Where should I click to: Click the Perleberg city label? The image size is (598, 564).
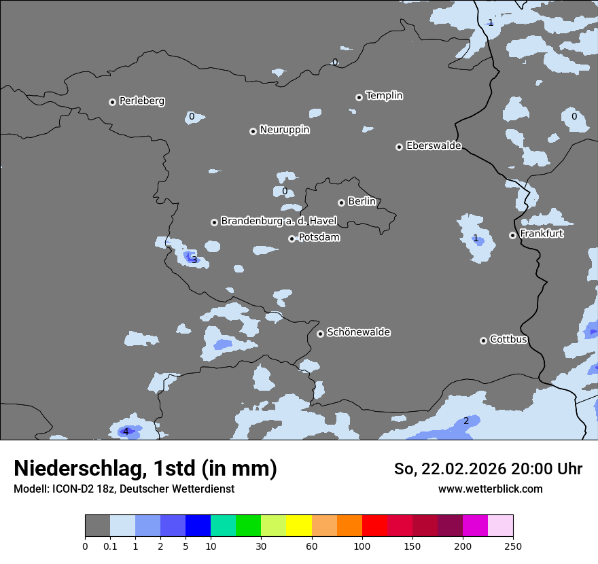coord(141,101)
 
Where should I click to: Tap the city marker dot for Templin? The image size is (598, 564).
coord(359,97)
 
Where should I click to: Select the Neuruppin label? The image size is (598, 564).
coord(284,130)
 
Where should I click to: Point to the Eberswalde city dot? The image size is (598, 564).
coord(399,147)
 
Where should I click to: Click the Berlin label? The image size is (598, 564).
coord(362,202)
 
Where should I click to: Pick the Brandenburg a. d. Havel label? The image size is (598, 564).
coord(279,222)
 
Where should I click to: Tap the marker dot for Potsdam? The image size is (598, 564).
coord(292,239)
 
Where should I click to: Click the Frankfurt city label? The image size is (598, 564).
coord(541,234)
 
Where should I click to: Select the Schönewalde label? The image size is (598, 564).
coord(358,332)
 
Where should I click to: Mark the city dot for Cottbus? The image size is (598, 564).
coord(483,340)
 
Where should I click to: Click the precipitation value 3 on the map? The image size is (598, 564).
coord(194,260)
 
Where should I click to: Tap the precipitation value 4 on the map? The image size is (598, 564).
coord(125,431)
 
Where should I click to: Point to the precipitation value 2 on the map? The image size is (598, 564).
coord(466,421)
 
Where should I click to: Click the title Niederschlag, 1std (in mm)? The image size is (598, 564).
coord(145,469)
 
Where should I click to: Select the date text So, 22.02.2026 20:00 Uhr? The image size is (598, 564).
coord(488,469)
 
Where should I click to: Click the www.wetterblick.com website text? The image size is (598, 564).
coord(490,489)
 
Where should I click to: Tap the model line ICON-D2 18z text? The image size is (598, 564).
coord(124,489)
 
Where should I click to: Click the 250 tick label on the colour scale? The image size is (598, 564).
coord(513,546)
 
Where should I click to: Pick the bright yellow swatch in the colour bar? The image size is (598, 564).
coord(299,526)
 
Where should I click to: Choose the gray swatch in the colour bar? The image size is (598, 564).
coord(97,526)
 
